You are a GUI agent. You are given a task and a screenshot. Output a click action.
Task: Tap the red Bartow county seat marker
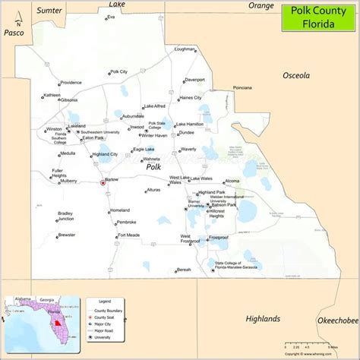point(103,182)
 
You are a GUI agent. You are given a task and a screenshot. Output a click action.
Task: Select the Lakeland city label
point(77,126)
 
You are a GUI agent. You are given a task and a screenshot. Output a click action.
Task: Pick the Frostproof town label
point(218,237)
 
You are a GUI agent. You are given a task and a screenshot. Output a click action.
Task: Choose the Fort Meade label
point(128,235)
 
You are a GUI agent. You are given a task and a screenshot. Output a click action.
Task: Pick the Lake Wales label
point(201,178)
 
